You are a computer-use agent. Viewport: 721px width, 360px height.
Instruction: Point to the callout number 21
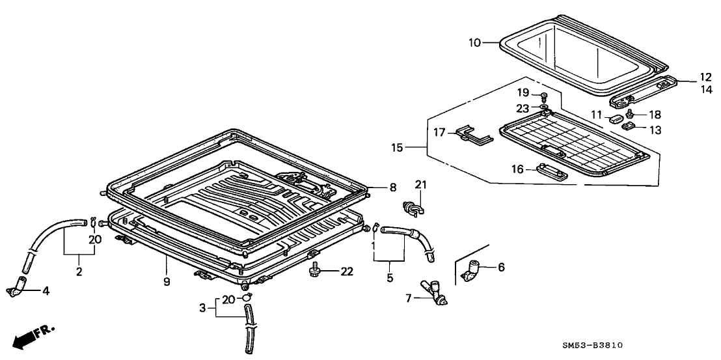pyautogui.click(x=420, y=187)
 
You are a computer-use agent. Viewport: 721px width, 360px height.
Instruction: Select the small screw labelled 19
pyautogui.click(x=542, y=96)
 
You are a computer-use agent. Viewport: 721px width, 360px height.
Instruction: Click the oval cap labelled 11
pyautogui.click(x=615, y=118)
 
